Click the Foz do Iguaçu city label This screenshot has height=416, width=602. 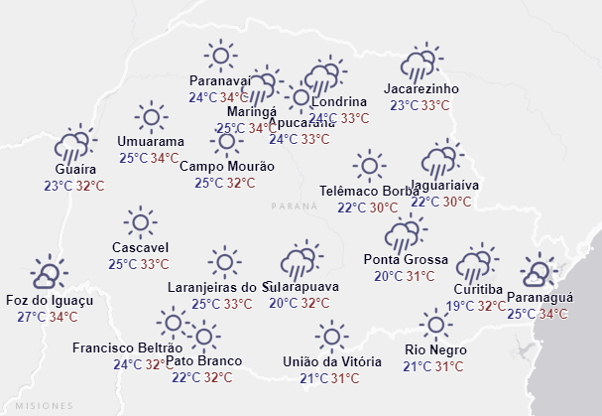tap(49, 300)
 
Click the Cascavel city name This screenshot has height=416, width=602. tap(140, 247)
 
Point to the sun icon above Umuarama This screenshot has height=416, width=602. tap(151, 117)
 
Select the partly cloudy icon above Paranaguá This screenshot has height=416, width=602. tap(540, 271)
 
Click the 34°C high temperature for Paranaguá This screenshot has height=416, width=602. tap(553, 315)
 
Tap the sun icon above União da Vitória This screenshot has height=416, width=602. tap(331, 336)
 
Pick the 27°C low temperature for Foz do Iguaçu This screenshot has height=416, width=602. tap(32, 317)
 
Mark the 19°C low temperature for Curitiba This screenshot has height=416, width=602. tap(460, 306)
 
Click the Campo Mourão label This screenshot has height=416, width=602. tap(226, 166)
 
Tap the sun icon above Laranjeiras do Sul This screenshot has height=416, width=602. tap(225, 262)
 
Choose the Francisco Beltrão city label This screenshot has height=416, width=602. tap(127, 347)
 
